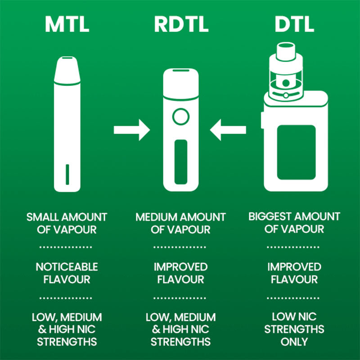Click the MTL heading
pyautogui.click(x=67, y=25)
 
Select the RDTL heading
pyautogui.click(x=181, y=25)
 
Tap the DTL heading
pyautogui.click(x=294, y=25)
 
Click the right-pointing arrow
pyautogui.click(x=131, y=130)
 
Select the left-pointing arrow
pyautogui.click(x=228, y=130)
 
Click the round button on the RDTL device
pyautogui.click(x=180, y=117)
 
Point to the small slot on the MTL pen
pyautogui.click(x=67, y=174)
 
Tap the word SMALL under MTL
pyautogui.click(x=42, y=217)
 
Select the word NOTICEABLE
pyautogui.click(x=67, y=267)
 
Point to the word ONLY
pyautogui.click(x=294, y=342)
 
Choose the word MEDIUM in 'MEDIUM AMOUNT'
pyautogui.click(x=156, y=217)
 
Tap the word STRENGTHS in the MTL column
pyautogui.click(x=67, y=342)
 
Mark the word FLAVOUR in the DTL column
pyautogui.click(x=294, y=279)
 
